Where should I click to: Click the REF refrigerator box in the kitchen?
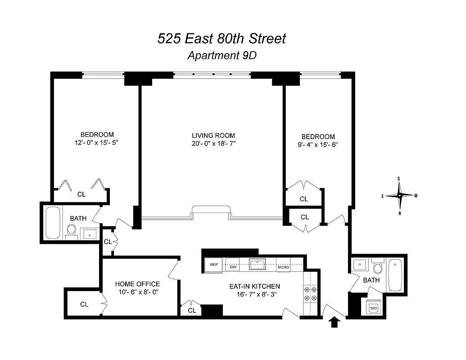[214, 265]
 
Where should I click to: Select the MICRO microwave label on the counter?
[283, 267]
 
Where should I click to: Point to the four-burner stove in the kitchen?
[310, 293]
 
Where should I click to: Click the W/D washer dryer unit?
[374, 308]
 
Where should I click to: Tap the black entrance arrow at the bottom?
[335, 322]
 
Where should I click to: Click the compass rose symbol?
[399, 195]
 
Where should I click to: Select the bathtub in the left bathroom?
[53, 223]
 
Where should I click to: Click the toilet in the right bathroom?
[378, 267]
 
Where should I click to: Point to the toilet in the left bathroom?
[71, 231]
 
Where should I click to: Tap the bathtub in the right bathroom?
[395, 274]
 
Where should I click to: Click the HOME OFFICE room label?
[137, 284]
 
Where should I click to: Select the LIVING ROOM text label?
[213, 135]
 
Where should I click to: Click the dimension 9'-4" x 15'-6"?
[318, 145]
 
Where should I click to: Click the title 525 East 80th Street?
[222, 39]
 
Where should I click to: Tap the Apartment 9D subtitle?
[222, 56]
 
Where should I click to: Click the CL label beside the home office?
[84, 304]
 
